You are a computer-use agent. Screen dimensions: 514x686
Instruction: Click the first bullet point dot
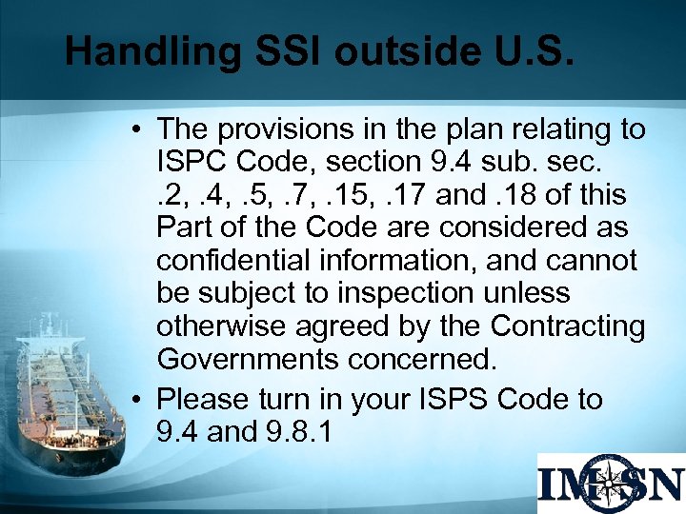[139, 129]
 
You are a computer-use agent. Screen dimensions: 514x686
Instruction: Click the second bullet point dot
[139, 400]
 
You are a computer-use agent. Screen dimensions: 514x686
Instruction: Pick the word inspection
[390, 293]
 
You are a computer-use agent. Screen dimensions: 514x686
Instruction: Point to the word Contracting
[568, 326]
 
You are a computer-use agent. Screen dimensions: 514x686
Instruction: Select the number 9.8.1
[294, 431]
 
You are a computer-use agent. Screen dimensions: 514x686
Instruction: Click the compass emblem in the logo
[611, 483]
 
